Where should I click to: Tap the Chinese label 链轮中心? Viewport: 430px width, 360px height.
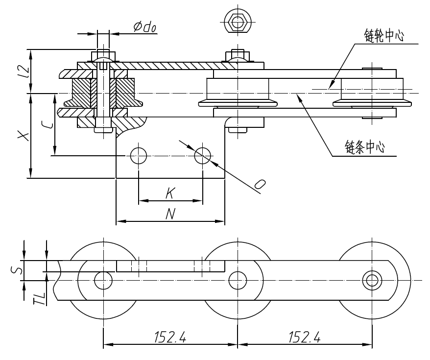pos(384,36)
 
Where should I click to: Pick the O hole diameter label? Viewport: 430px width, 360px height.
pos(261,184)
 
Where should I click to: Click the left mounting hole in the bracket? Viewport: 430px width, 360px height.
pos(139,156)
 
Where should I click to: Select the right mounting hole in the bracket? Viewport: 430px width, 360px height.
pos(203,156)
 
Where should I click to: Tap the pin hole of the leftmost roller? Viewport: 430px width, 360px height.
pos(103,280)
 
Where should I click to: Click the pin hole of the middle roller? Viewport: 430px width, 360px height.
pos(238,280)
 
